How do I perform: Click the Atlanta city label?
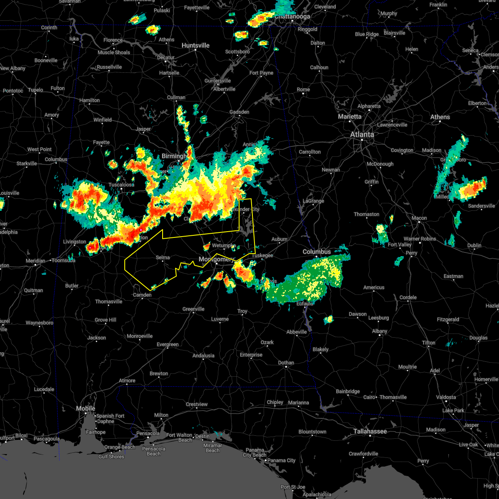point(362,134)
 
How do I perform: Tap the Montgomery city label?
point(217,259)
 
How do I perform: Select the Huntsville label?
point(195,45)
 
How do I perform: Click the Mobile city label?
point(86,409)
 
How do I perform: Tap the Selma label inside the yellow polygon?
point(163,258)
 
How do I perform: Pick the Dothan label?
point(286,363)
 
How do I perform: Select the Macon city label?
point(419,218)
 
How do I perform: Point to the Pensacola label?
point(148,434)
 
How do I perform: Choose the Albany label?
point(379,331)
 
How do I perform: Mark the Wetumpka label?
point(224,246)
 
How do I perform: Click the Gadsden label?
point(240,112)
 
